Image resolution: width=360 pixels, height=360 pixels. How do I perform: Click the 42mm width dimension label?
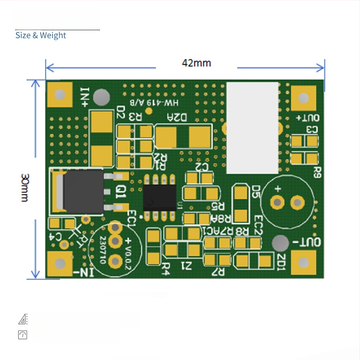point(196,63)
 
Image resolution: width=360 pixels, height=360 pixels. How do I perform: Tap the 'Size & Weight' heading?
point(40,35)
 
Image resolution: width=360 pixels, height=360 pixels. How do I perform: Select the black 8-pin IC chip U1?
point(160,197)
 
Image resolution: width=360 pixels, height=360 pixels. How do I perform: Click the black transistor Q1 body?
point(83,191)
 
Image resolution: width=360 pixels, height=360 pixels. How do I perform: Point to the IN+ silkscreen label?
point(85,96)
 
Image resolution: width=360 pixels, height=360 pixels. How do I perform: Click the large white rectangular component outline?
point(252,128)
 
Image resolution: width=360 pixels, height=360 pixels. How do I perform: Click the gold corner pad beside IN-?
point(59,264)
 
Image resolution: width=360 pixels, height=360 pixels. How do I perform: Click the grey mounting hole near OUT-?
point(280,243)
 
